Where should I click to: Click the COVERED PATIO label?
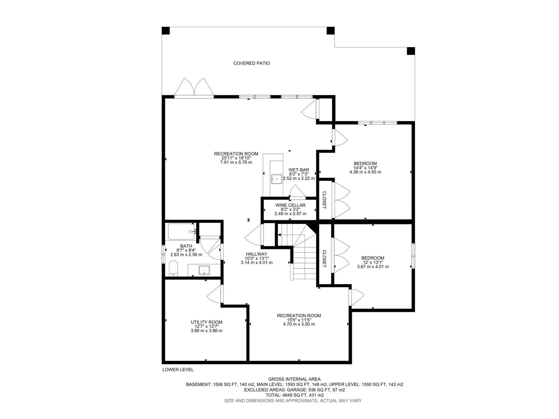[251, 63]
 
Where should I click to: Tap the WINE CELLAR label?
[290, 205]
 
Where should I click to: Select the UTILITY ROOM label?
[206, 322]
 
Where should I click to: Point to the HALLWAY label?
[256, 254]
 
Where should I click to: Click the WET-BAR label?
[299, 170]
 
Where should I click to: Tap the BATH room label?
[186, 246]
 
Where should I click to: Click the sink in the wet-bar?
[276, 179]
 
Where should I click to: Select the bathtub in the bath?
[181, 231]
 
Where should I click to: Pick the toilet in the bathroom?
[173, 268]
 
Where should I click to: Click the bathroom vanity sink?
[204, 270]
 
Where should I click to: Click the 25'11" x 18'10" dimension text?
[236, 158]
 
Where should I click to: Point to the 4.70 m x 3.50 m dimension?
[299, 324]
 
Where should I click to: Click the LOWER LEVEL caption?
[178, 370]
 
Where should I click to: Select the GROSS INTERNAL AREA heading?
[295, 379]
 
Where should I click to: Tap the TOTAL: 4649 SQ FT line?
[295, 395]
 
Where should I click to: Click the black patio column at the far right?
[411, 51]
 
